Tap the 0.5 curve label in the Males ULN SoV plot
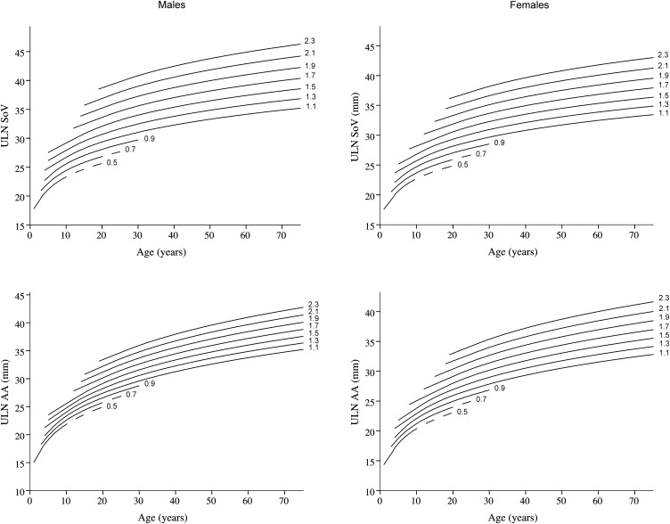coord(111,162)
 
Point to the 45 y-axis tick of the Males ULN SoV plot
coord(20,52)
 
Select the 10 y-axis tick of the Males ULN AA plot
coord(20,491)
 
